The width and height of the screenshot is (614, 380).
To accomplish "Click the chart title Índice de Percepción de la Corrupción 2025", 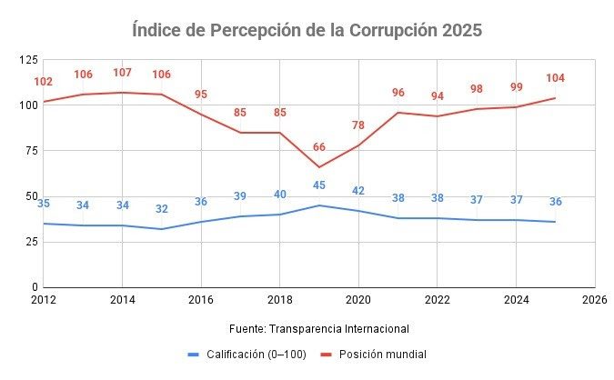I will [x=307, y=30].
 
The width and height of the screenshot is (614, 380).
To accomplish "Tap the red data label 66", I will [x=319, y=147].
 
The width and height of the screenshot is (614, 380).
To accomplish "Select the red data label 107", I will [x=122, y=73].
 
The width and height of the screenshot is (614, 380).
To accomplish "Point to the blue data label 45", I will [x=319, y=185].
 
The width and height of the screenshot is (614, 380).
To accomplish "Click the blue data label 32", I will [x=162, y=209].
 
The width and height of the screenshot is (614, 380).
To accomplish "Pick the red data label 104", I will [x=555, y=78].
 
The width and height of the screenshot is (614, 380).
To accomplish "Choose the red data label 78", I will [x=358, y=125].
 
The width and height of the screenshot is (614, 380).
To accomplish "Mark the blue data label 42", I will [x=358, y=191].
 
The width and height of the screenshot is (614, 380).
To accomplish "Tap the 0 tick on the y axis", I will [x=34, y=287].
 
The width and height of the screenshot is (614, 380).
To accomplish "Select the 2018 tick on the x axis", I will [x=279, y=298].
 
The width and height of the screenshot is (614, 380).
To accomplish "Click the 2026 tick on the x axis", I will [x=594, y=298].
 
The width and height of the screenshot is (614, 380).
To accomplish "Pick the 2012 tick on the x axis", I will [x=43, y=298].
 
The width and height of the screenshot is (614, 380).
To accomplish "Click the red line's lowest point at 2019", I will [x=319, y=167].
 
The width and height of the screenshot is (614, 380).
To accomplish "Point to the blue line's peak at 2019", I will [x=319, y=205].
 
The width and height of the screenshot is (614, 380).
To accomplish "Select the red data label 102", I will [x=43, y=82].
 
